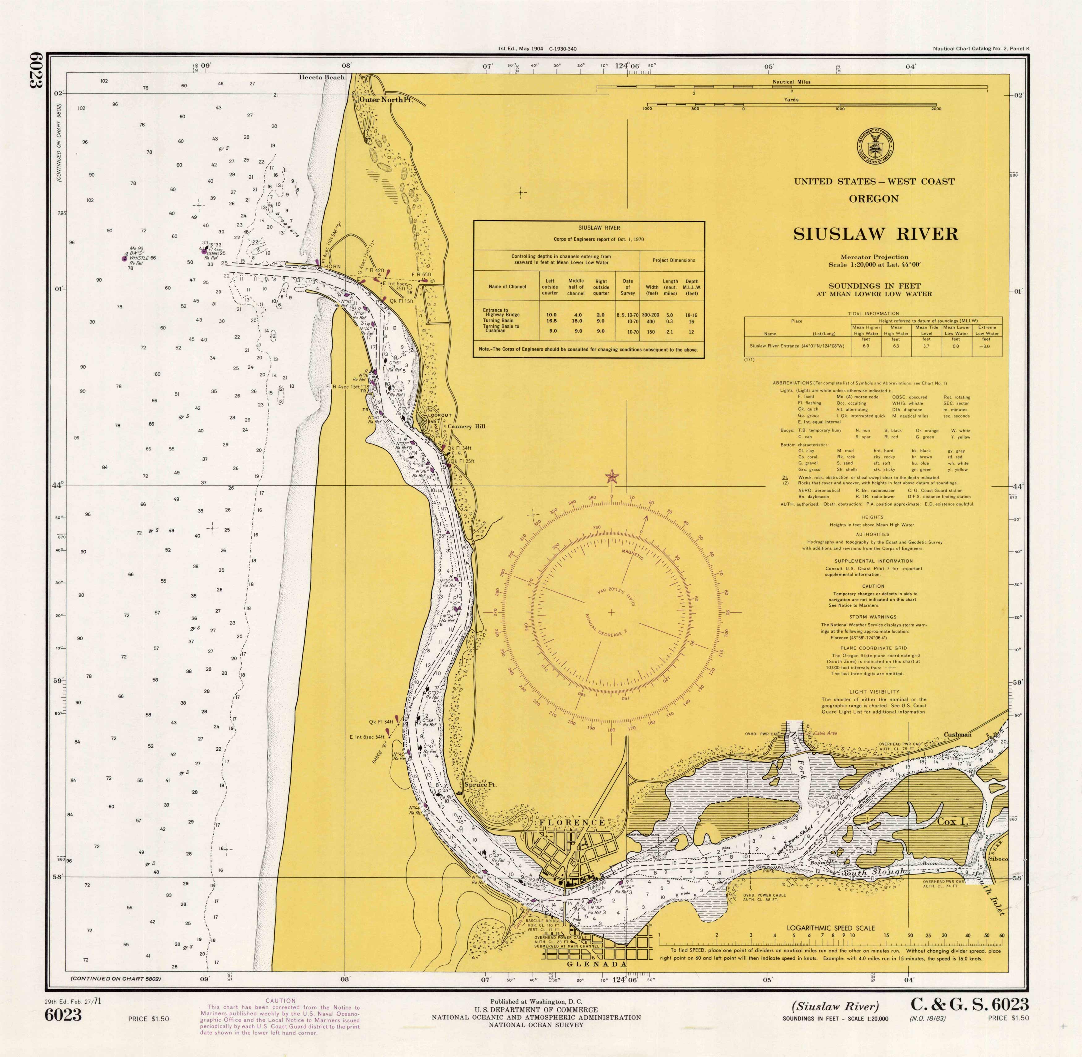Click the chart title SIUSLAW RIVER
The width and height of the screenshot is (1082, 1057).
click(x=875, y=234)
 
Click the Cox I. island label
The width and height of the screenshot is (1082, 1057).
click(x=952, y=821)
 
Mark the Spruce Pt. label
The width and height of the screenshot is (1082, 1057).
click(x=480, y=784)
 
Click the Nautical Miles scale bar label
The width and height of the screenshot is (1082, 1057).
click(x=791, y=82)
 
